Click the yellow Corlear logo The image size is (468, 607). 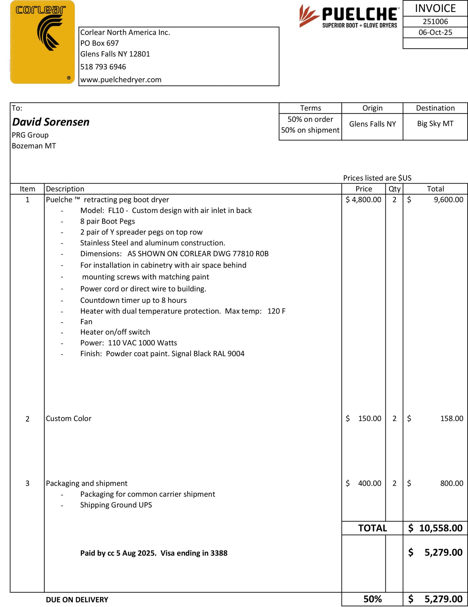click(42, 42)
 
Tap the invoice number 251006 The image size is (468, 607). click(435, 22)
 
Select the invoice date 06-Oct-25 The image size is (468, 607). click(435, 32)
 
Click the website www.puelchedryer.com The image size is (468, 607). click(121, 80)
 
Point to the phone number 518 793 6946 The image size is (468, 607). click(103, 67)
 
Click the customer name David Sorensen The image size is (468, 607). click(51, 122)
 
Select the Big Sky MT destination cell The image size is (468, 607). click(435, 124)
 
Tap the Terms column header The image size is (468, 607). click(310, 108)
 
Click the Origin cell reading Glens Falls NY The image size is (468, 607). click(372, 124)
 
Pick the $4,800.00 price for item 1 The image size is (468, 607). click(363, 200)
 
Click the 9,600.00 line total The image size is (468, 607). click(448, 200)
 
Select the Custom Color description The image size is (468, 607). click(69, 419)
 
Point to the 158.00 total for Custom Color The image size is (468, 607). click(451, 419)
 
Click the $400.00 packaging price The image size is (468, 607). click(363, 483)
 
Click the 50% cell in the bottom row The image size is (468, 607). click(372, 599)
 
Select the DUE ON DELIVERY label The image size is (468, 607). click(77, 600)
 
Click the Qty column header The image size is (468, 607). click(394, 189)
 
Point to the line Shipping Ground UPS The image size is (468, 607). click(116, 505)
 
